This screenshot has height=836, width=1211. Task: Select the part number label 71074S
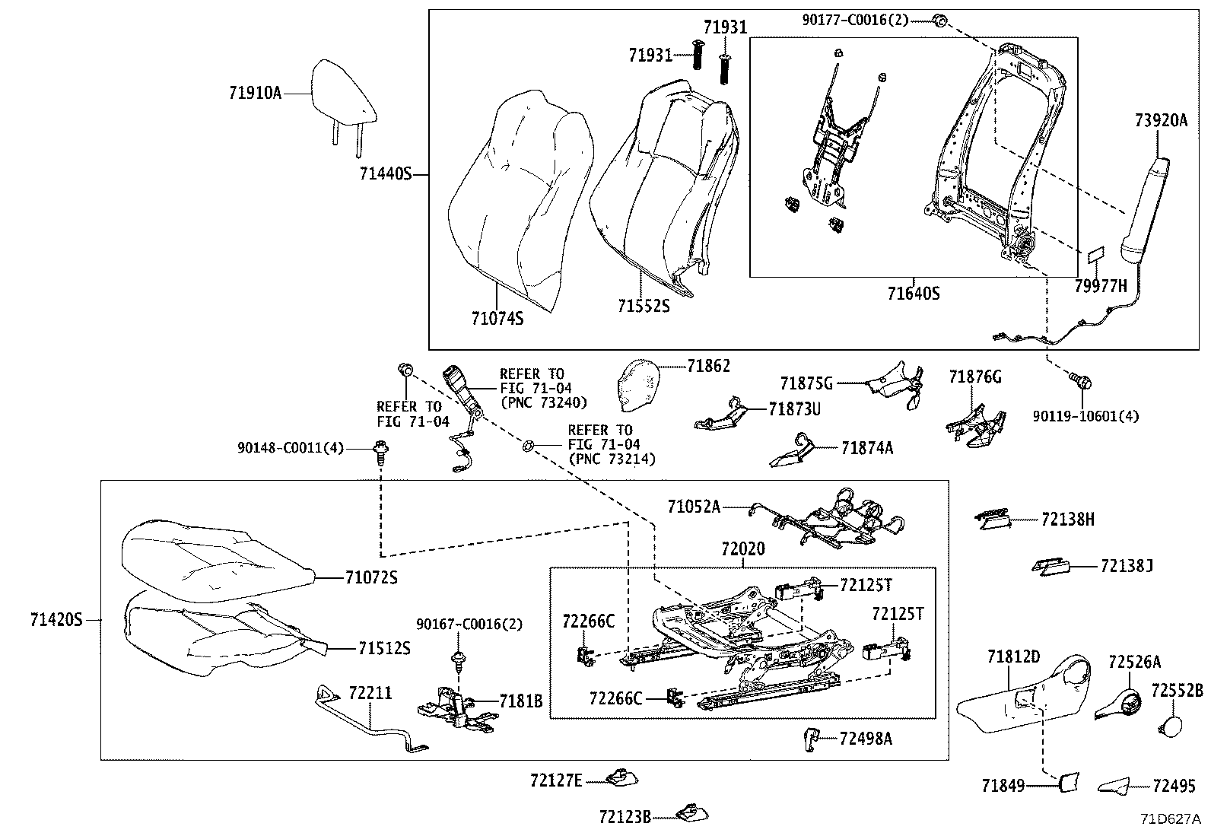point(497,319)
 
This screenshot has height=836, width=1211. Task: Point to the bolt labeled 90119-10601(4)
point(1081,380)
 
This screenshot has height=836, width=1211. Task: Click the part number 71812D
point(1013,656)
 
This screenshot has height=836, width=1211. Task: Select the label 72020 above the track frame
point(742,549)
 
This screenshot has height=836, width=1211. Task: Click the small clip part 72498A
point(811,738)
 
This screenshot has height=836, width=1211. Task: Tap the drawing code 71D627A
point(1169,819)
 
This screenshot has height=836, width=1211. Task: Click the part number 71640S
point(913,294)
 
